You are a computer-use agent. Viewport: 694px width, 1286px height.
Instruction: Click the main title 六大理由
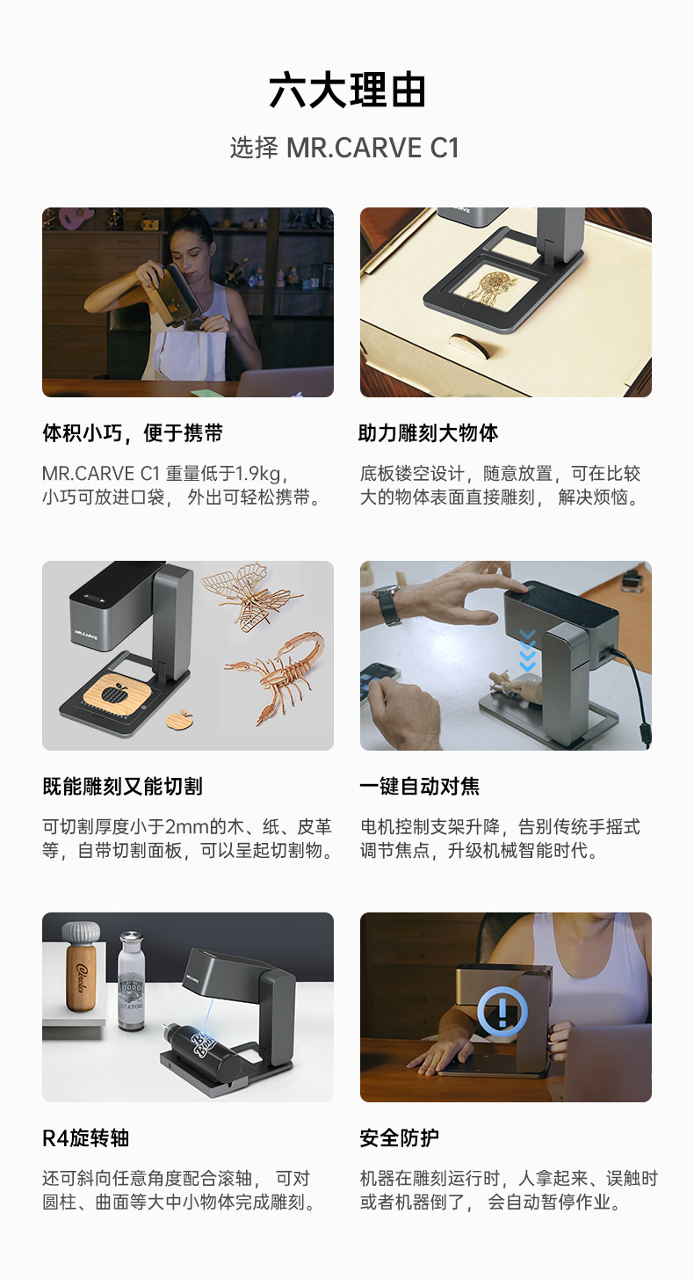347,91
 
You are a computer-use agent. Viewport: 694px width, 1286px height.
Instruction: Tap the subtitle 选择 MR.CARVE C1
345,148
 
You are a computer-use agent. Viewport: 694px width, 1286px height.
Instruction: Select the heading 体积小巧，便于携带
133,433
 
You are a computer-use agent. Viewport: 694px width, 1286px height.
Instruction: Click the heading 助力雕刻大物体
429,433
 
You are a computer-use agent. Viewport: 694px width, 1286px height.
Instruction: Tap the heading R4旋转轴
86,1138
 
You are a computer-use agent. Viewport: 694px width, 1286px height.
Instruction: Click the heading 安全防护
400,1138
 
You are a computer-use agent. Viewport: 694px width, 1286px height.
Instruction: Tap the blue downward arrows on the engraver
527,651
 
